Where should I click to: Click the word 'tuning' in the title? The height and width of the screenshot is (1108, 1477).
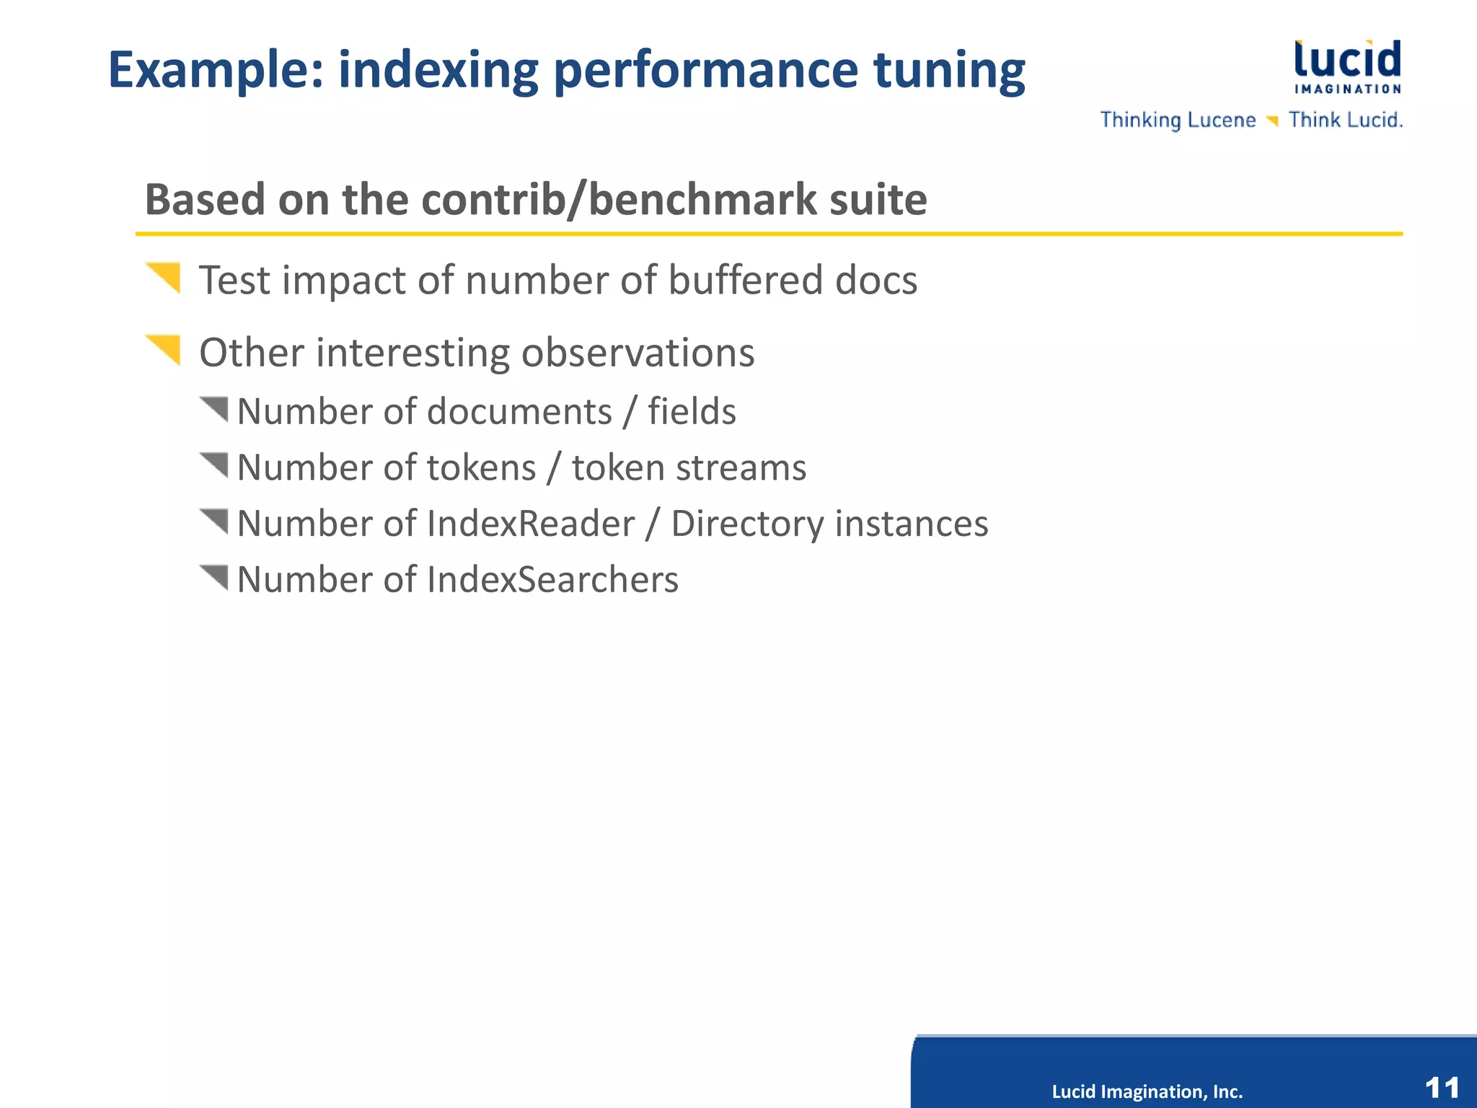click(x=948, y=71)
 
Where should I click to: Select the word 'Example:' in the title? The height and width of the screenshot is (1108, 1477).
click(x=216, y=71)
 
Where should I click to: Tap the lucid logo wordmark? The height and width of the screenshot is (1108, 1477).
click(x=1347, y=59)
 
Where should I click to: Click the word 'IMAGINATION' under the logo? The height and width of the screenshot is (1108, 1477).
click(x=1347, y=89)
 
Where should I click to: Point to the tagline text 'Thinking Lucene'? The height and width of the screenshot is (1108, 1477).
click(x=1178, y=120)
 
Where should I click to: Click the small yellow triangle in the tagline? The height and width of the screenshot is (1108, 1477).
click(x=1273, y=120)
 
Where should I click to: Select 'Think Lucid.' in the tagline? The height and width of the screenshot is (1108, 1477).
click(x=1345, y=120)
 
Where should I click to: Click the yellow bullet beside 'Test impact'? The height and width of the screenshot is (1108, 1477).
click(x=165, y=277)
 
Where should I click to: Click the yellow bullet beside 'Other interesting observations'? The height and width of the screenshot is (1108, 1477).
click(x=165, y=349)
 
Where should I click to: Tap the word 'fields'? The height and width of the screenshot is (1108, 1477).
click(x=692, y=412)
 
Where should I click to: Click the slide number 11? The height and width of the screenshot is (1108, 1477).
click(x=1442, y=1087)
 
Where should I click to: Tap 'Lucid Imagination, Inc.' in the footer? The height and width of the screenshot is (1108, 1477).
click(x=1147, y=1091)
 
